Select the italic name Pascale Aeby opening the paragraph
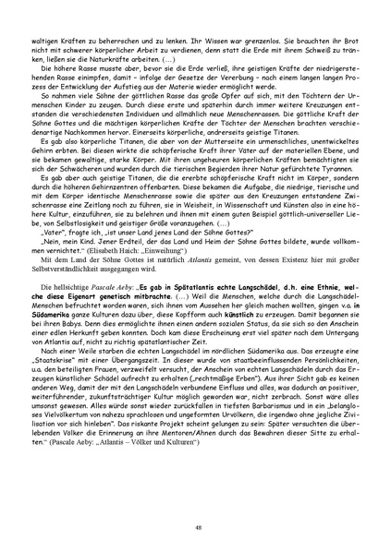pyautogui.click(x=109, y=290)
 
